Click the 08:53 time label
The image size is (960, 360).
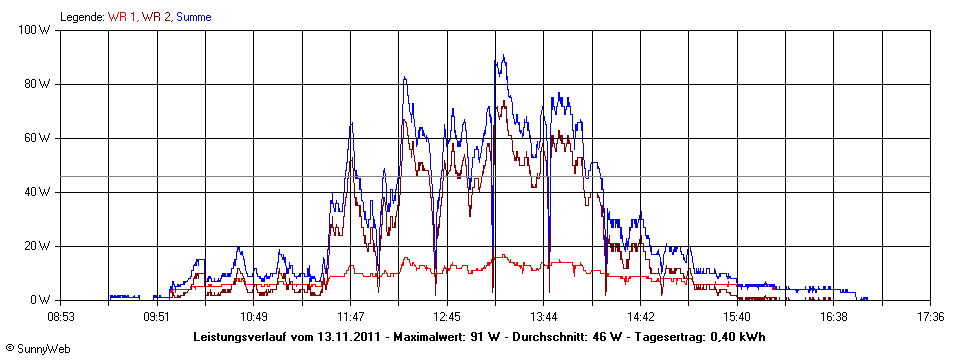[x=61, y=317]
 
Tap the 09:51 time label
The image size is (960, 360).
[x=157, y=317]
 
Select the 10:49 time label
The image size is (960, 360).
[x=254, y=317]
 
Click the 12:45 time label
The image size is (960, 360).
[x=447, y=317]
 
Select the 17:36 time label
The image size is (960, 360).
[x=930, y=317]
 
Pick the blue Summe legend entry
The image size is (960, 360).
[x=193, y=16]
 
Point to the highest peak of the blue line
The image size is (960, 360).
[x=504, y=56]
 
